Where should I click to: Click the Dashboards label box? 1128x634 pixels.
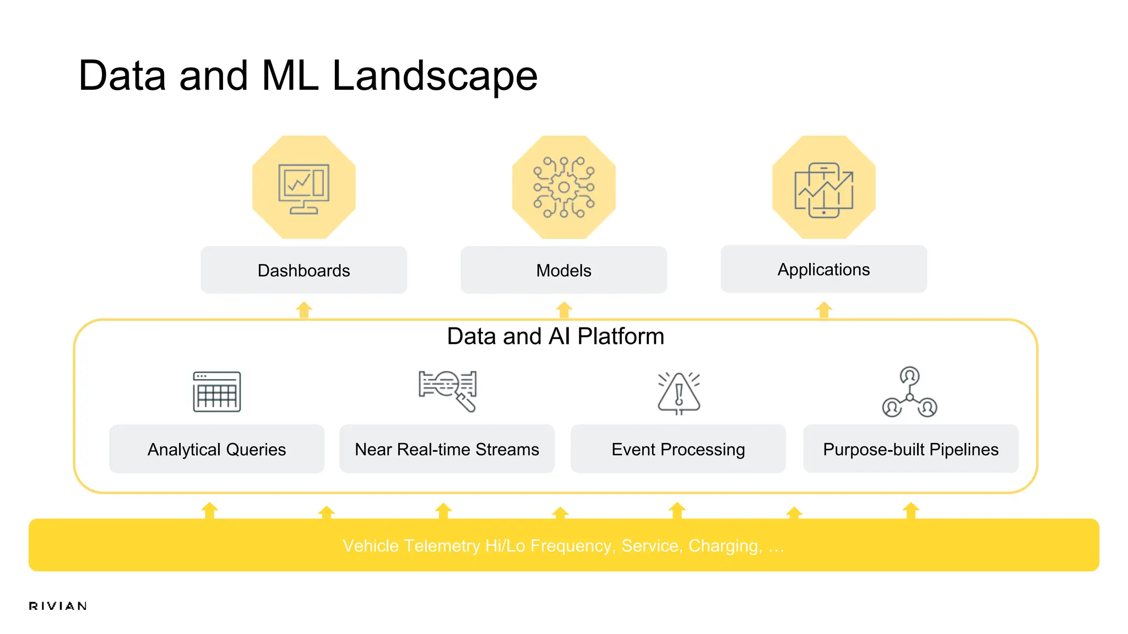pos(303,270)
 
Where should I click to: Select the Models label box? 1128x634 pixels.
pos(563,270)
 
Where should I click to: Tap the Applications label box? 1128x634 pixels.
pos(823,269)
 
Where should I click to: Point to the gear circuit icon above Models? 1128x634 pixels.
pos(563,187)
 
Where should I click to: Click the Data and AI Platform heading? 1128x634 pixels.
pos(555,336)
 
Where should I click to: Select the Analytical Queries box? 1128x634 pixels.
pos(216,449)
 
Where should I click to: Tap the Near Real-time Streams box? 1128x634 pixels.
pos(447,449)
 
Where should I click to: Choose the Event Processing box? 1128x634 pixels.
pos(678,449)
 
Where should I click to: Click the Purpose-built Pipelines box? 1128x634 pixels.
pos(910,449)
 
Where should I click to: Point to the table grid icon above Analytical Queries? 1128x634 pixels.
pos(216,392)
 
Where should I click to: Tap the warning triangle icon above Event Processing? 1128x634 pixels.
pos(679,393)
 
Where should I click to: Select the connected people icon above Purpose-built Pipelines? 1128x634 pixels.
pos(910,392)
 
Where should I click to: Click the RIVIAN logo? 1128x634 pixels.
pos(58,606)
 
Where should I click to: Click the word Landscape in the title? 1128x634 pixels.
pos(435,76)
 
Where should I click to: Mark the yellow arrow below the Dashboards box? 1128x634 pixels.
pos(304,310)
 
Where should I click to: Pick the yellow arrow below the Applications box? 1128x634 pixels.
pos(824,310)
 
